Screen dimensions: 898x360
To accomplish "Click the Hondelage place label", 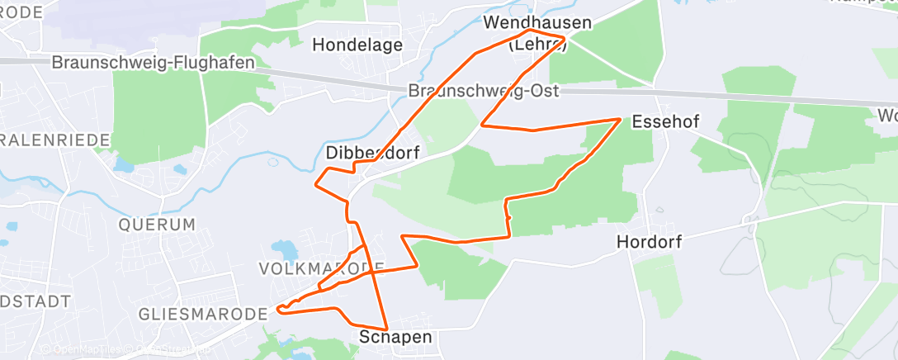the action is tap(357, 45).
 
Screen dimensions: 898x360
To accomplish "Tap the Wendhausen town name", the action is tap(538, 22).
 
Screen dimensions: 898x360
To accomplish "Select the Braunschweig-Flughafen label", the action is tap(153, 63).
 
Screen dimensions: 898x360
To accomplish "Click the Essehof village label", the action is tap(665, 122).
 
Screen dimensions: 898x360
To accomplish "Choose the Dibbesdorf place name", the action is tap(373, 153).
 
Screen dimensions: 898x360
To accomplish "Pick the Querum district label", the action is tap(157, 224).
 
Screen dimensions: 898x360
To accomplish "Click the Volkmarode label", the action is tap(321, 268).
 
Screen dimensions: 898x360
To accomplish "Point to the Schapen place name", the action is tap(395, 337).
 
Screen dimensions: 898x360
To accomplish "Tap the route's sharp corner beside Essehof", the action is tap(620, 119).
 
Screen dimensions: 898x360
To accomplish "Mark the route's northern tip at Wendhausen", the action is tap(530, 31).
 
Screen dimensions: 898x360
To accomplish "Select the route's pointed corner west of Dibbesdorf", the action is tap(315, 183).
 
